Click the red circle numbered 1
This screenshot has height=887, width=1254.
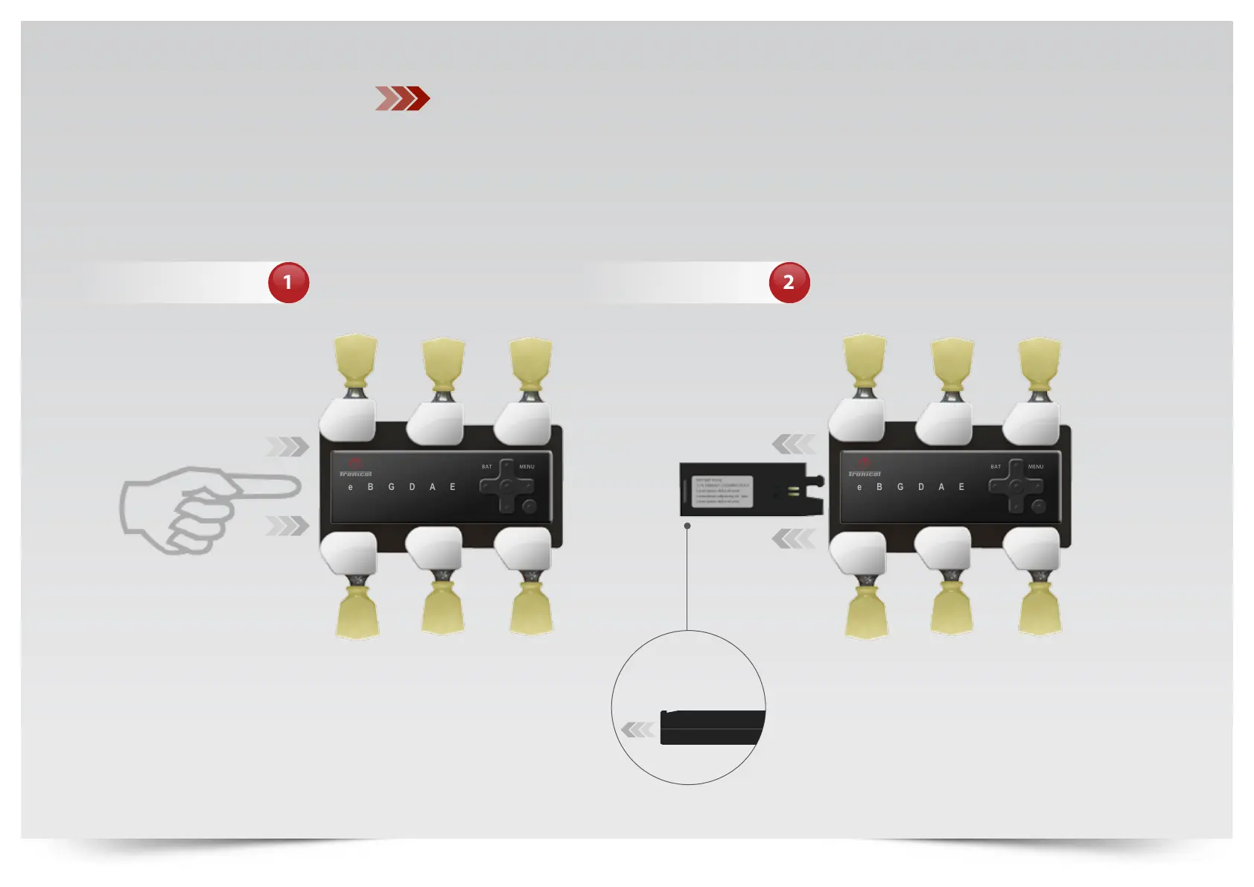tap(288, 282)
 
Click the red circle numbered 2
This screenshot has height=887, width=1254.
tap(789, 282)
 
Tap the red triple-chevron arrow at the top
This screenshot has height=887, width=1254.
tap(402, 98)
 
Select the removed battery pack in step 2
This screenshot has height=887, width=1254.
tap(751, 490)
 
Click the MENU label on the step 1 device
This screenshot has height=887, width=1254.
tap(526, 467)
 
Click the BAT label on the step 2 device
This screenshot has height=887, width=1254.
tap(996, 467)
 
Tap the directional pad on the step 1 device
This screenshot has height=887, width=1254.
tap(506, 486)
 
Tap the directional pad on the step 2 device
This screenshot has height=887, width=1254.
tap(1016, 486)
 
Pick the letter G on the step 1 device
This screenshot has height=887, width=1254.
tap(391, 487)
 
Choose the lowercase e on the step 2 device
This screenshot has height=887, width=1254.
tap(859, 487)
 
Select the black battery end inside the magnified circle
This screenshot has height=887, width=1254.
tap(711, 728)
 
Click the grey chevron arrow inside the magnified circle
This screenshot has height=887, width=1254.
tap(637, 729)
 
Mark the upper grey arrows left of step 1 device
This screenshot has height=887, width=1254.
tap(287, 447)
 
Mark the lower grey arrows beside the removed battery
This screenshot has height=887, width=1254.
tap(793, 538)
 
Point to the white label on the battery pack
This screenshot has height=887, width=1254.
tap(722, 492)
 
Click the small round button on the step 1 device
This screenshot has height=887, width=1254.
tap(529, 506)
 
